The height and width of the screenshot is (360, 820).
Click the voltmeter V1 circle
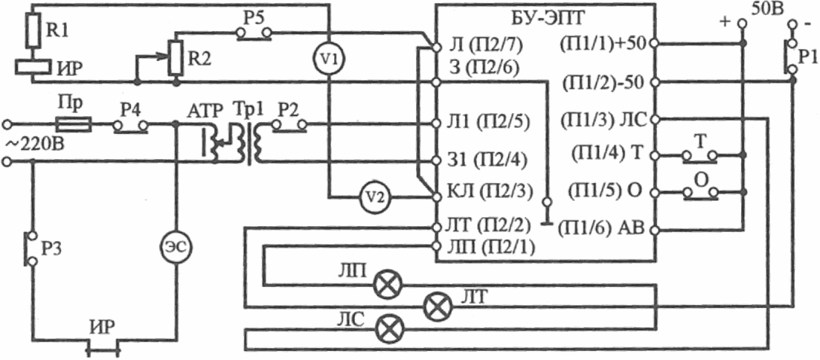tap(328, 60)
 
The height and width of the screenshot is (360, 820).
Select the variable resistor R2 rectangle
tap(176, 57)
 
